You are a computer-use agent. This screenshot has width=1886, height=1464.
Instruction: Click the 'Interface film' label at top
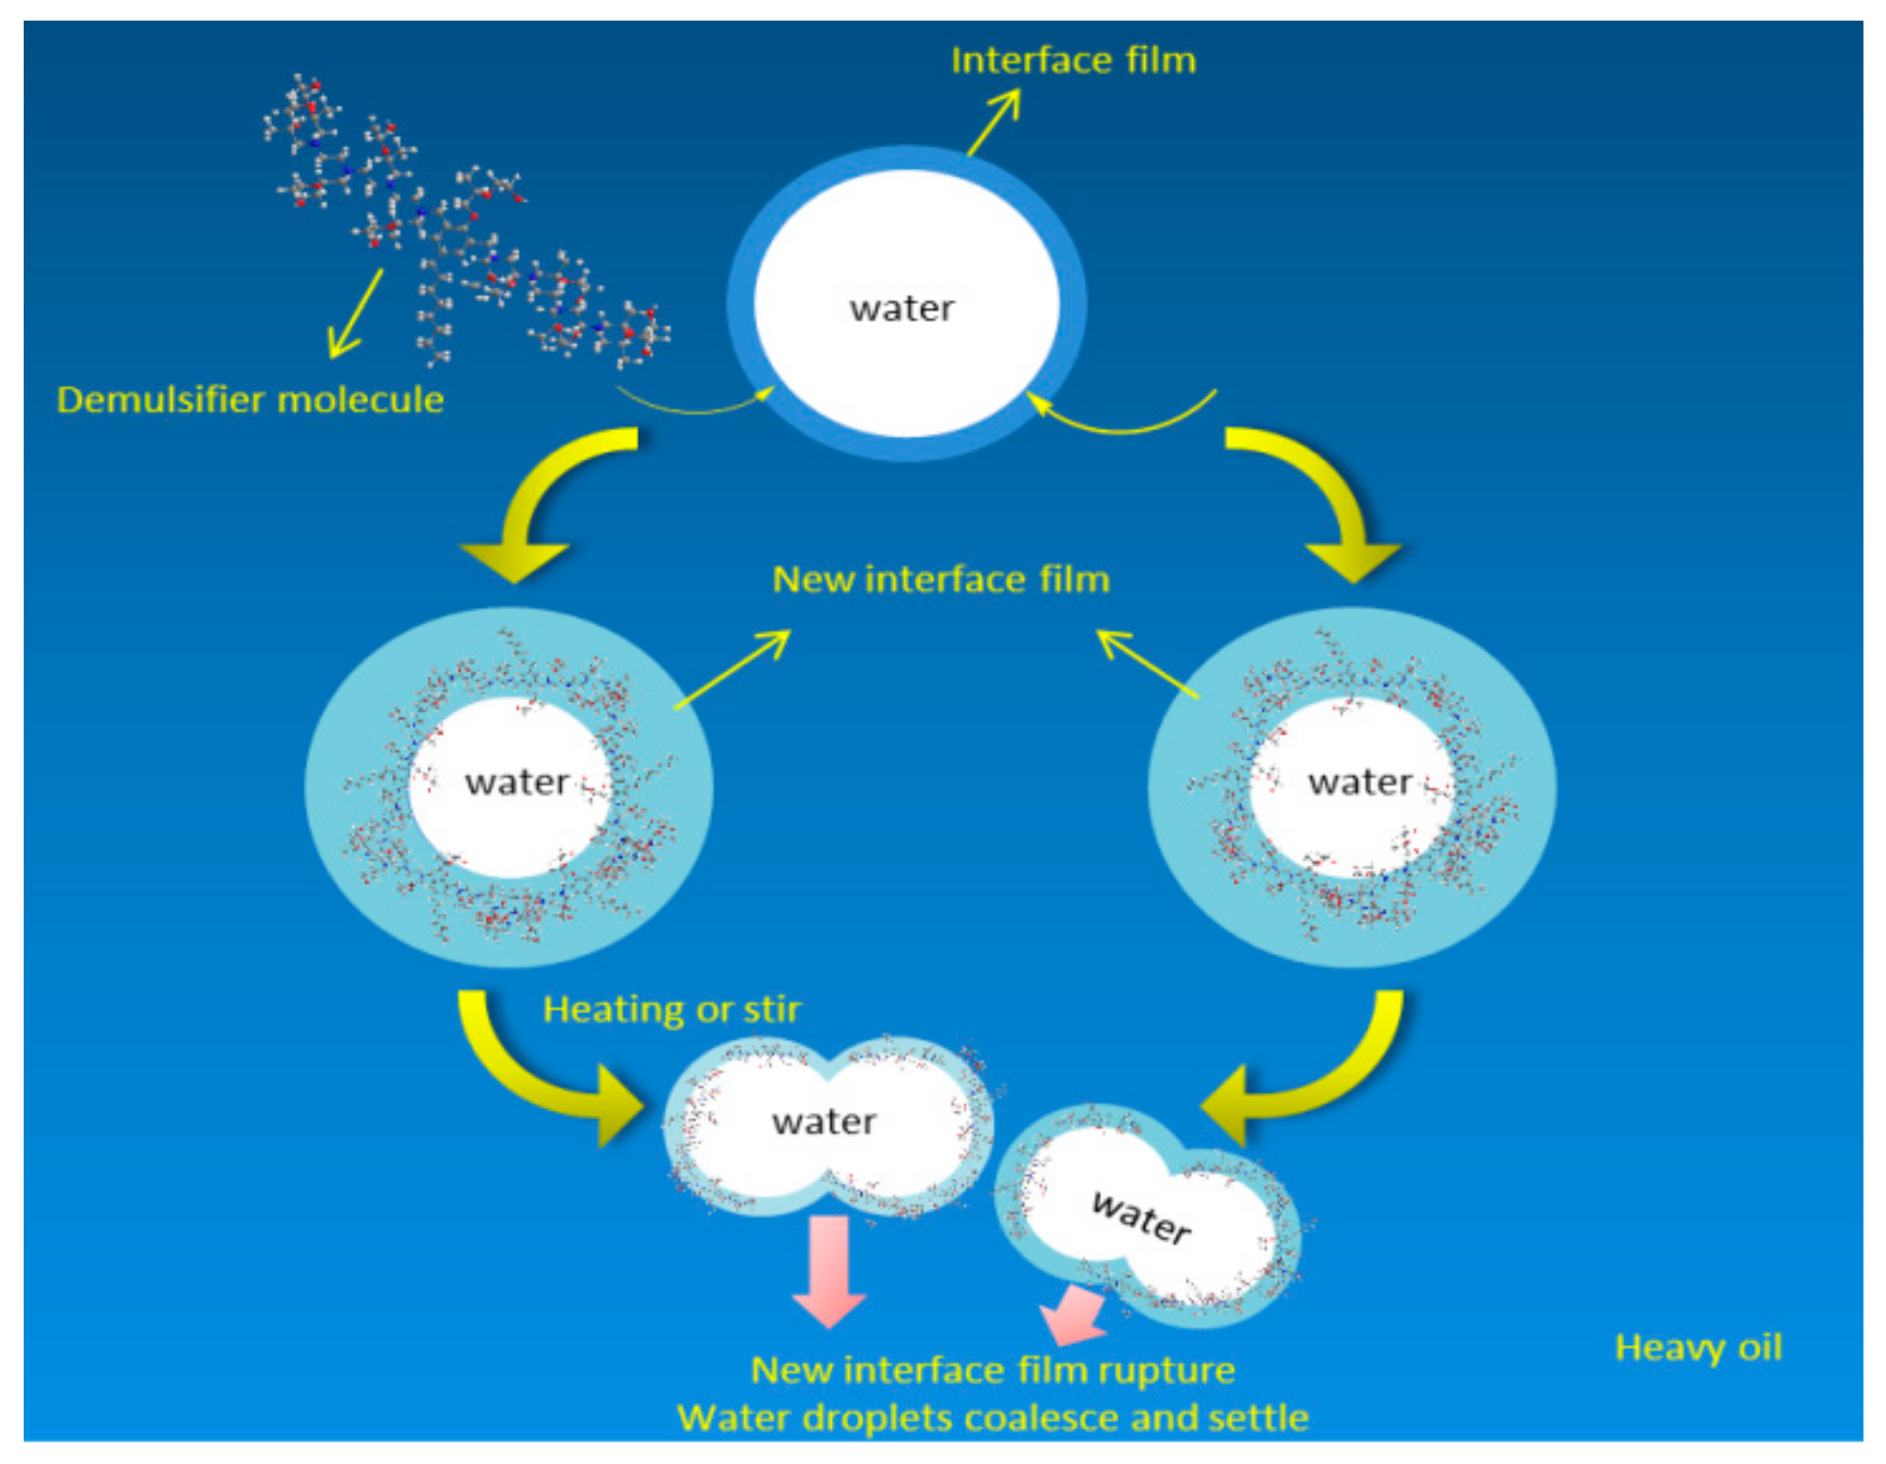tap(1074, 60)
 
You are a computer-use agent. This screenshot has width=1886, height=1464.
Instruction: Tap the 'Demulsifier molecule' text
tap(251, 400)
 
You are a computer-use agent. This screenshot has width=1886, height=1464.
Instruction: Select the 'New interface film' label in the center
tap(941, 579)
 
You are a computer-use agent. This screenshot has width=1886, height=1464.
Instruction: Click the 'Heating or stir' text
tap(672, 1009)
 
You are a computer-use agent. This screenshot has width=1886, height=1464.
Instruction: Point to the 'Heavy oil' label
tap(1698, 1347)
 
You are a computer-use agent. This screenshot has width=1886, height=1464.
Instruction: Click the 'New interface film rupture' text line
tap(993, 1370)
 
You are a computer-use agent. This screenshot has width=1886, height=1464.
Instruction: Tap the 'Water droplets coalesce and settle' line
tap(993, 1418)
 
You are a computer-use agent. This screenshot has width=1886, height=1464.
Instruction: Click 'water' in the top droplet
tap(902, 308)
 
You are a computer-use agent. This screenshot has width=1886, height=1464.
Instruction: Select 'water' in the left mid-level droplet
tap(517, 782)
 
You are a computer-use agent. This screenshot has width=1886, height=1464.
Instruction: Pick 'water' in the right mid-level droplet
tap(1359, 782)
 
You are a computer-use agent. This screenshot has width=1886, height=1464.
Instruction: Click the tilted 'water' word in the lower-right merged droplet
tap(1141, 1217)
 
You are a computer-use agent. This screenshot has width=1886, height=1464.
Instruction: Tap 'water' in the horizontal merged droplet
tap(824, 1122)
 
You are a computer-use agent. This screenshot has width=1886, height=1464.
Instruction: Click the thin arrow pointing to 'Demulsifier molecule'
tap(357, 313)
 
